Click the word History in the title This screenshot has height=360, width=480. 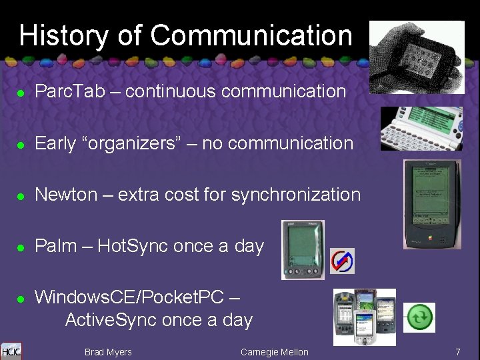[64, 35]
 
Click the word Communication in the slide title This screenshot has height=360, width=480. [251, 35]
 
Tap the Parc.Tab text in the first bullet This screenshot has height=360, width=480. [70, 91]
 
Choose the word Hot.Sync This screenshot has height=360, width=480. [133, 246]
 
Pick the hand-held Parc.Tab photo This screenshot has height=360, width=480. [417, 57]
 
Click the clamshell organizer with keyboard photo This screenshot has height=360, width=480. [421, 129]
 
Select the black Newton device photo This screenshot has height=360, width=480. [431, 204]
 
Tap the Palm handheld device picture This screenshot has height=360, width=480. [303, 249]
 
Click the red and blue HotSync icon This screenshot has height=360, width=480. [343, 261]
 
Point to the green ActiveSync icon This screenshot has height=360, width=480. [419, 317]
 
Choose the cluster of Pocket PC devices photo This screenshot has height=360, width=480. [364, 317]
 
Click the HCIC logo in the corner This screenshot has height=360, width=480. [11, 351]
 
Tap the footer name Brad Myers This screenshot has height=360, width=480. [108, 352]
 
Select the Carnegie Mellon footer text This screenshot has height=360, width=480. [274, 352]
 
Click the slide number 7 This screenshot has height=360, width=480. [458, 351]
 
